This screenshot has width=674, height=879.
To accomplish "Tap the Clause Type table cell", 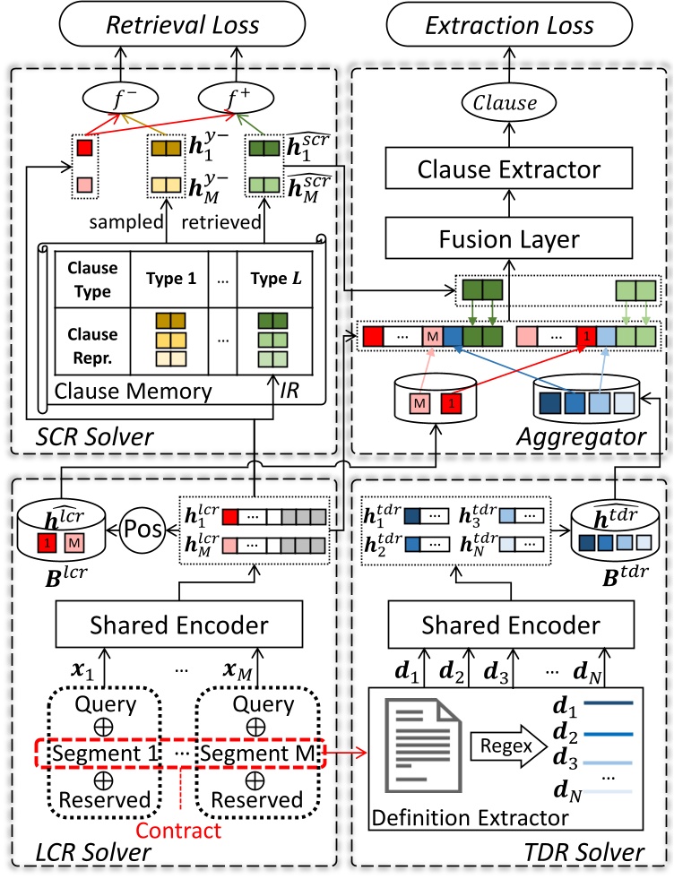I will [x=91, y=279].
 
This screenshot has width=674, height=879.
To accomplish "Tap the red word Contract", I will [x=186, y=830].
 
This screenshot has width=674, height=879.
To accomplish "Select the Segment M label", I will [x=259, y=753].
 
